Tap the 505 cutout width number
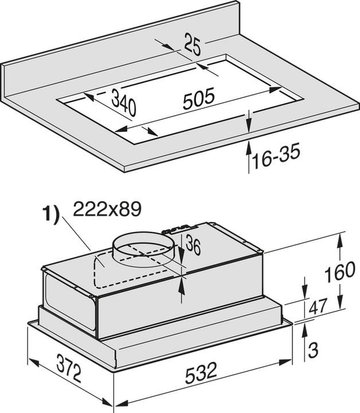click(x=198, y=99)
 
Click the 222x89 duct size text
click(x=107, y=210)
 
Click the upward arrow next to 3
click(x=304, y=336)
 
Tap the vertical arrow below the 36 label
click(x=182, y=290)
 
